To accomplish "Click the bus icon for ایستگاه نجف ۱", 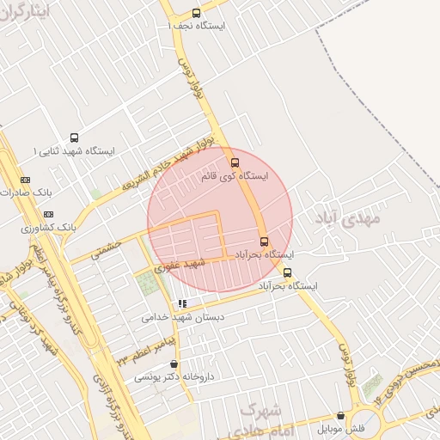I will (x=197, y=13).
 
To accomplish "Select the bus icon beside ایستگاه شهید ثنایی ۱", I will (x=74, y=137).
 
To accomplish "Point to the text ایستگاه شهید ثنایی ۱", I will (x=75, y=151).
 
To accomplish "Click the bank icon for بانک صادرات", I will (x=24, y=180).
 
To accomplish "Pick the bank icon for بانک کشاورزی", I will (x=47, y=214).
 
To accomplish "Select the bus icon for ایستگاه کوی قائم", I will (x=234, y=162).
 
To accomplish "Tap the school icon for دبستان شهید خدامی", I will (x=181, y=303).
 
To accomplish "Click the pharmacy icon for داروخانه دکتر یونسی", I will (x=174, y=364).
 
